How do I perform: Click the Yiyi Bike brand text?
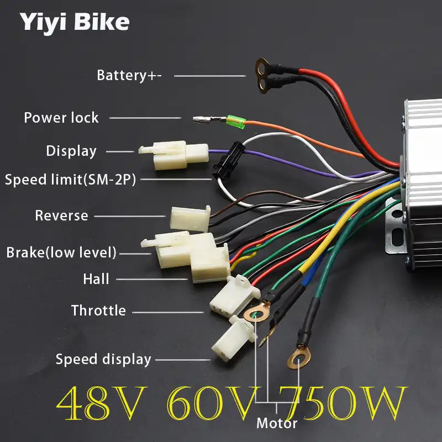75,22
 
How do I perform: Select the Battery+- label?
129,75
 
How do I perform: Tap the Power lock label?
61,118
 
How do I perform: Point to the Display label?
71,151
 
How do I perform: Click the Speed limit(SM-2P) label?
70,180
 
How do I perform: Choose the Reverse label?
61,215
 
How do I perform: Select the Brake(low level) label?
61,252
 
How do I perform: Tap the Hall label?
96,279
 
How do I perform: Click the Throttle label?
98,311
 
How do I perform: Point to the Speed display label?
103,359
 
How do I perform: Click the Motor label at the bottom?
277,424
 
